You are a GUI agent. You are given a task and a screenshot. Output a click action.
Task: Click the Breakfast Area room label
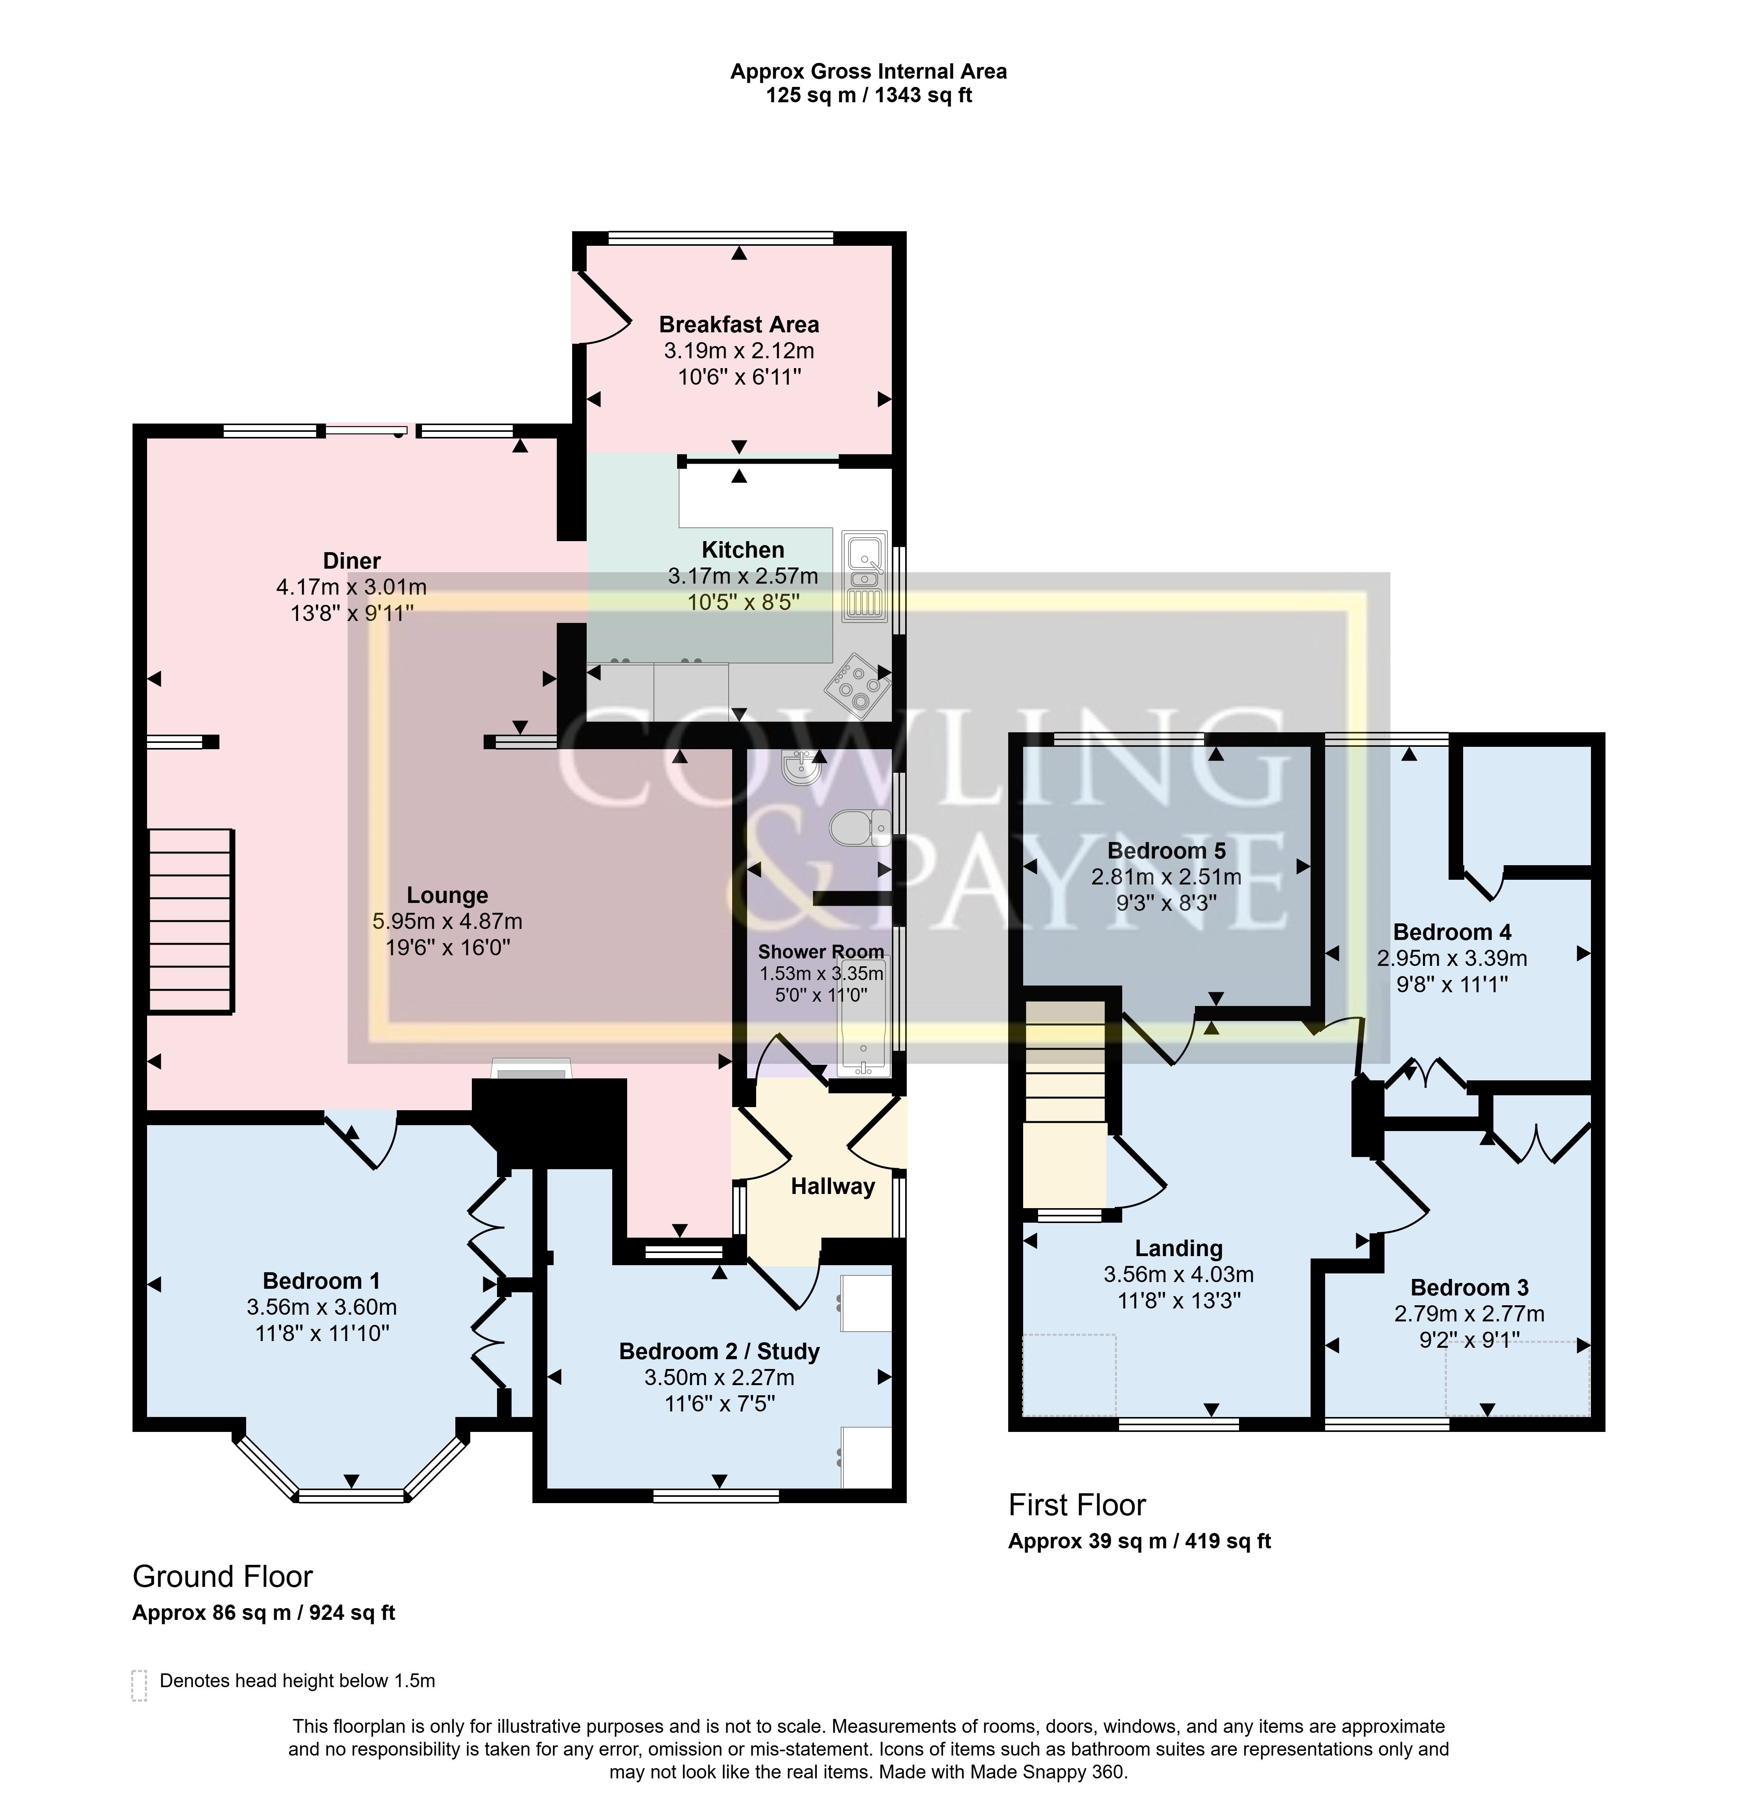[738, 325]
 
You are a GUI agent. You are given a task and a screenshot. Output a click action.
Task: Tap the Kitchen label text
[743, 549]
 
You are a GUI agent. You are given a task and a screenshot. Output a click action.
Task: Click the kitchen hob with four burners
[858, 685]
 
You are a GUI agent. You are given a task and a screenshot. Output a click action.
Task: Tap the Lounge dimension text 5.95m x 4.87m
[447, 921]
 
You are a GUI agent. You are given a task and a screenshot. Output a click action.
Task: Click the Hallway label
[832, 1187]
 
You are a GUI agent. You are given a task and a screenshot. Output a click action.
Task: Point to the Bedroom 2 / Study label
[719, 1351]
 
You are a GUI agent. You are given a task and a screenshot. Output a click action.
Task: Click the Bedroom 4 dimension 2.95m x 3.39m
[1451, 958]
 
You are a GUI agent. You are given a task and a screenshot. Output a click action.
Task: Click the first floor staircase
[1065, 1104]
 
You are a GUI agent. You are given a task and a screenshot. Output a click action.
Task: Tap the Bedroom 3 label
[1469, 1288]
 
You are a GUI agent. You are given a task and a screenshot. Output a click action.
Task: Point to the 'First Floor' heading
[1077, 1505]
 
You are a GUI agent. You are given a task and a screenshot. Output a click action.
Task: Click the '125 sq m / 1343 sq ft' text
[869, 95]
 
